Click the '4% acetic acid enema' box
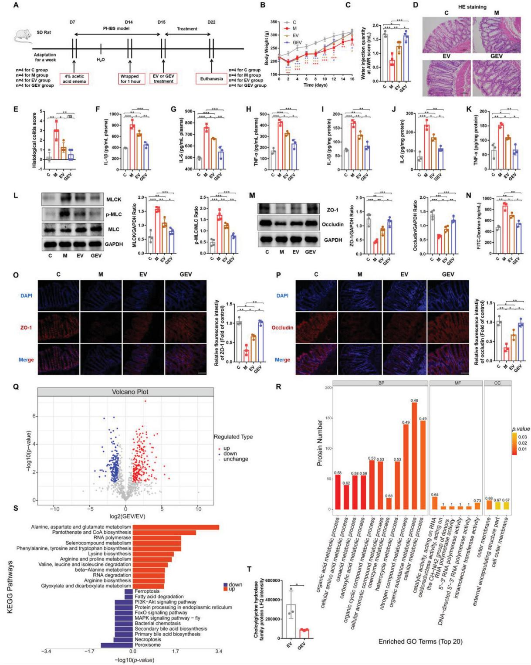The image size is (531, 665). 74,78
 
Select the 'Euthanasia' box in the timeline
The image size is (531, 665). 211,78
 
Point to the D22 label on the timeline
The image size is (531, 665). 211,22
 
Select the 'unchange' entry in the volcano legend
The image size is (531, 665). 235,459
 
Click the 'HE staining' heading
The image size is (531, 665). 473,7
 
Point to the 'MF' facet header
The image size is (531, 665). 455,383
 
